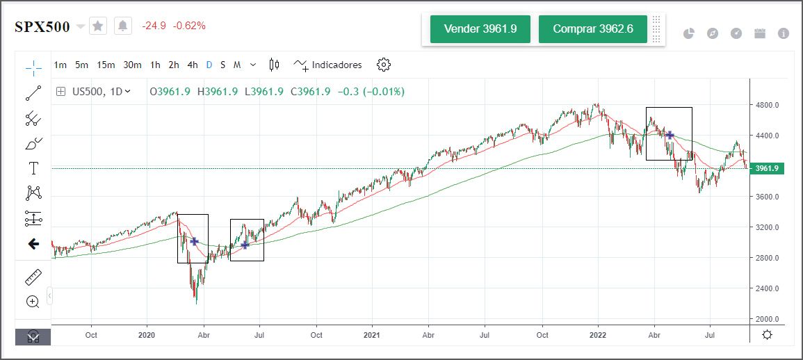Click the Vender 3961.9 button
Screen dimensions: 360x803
click(480, 29)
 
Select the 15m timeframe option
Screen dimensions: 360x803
click(106, 65)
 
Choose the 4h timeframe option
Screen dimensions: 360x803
click(193, 65)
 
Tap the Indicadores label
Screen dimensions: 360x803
click(336, 65)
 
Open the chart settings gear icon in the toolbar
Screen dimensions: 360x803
click(384, 65)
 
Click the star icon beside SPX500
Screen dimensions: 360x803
click(98, 26)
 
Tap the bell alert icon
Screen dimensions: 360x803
click(123, 26)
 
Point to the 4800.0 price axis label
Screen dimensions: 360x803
click(768, 105)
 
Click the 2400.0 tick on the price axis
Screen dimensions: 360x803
click(768, 288)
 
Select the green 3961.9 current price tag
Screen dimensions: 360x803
click(768, 168)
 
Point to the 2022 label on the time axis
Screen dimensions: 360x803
click(598, 335)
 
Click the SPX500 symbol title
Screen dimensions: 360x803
click(42, 26)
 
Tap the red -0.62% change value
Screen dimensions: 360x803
click(189, 26)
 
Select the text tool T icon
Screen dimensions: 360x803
click(33, 168)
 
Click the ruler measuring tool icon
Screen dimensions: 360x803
click(33, 278)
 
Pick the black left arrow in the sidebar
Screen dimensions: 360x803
click(33, 244)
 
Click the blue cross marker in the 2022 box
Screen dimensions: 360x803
click(670, 135)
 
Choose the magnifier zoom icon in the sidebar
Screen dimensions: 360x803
click(33, 302)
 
